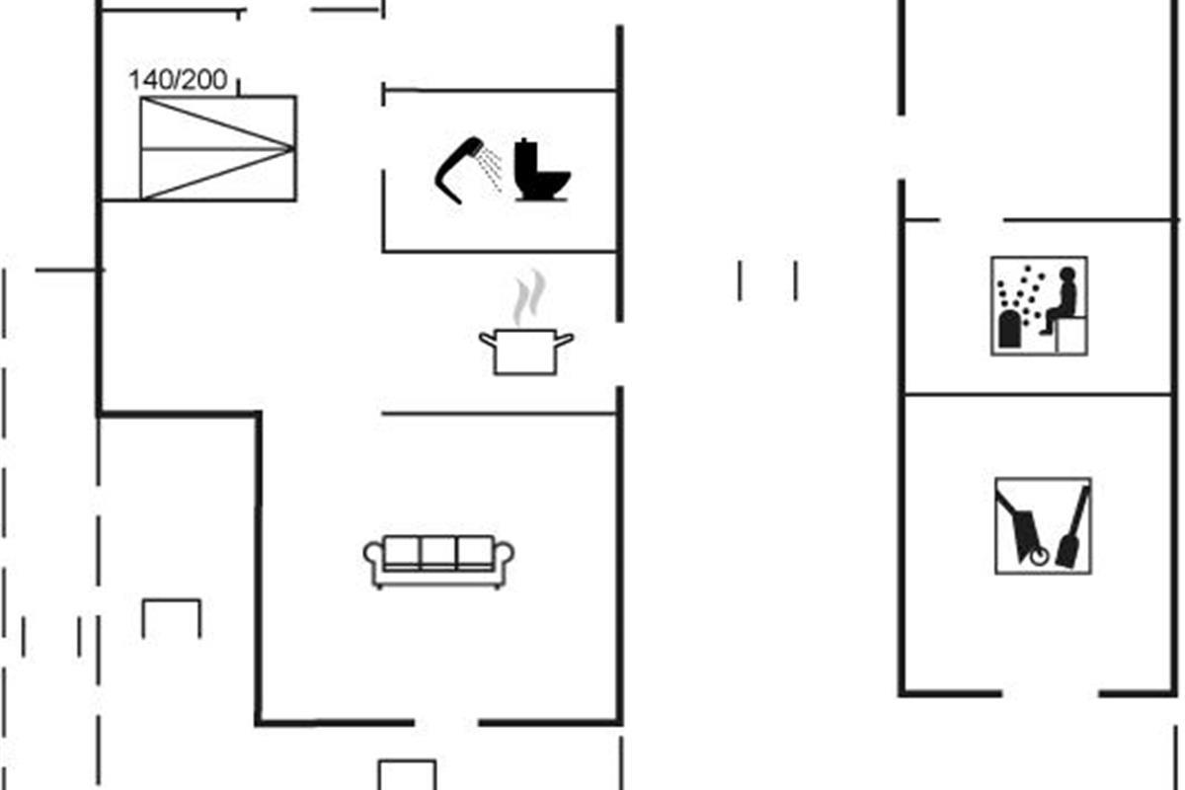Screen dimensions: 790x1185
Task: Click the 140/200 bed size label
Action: tap(178, 80)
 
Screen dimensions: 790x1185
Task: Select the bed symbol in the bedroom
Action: tap(218, 148)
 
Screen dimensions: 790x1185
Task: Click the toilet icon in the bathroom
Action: tap(541, 172)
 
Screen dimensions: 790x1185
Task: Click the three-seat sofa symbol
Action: tap(438, 561)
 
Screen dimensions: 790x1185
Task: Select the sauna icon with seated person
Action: tap(1039, 305)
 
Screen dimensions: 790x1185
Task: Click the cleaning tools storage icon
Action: tap(1043, 525)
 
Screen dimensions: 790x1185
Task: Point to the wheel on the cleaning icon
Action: tap(1036, 558)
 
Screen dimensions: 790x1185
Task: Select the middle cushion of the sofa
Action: tap(438, 552)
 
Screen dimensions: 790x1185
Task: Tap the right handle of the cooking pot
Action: tap(565, 340)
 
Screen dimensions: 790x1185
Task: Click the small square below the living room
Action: tap(407, 774)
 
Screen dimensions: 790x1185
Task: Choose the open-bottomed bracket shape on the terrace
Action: tap(172, 617)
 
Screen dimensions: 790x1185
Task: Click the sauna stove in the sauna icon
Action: tap(1010, 330)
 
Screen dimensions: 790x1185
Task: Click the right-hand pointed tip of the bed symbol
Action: tap(292, 149)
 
